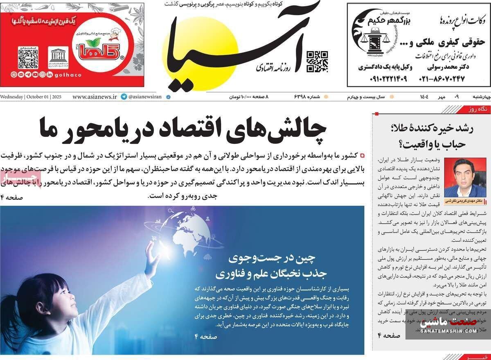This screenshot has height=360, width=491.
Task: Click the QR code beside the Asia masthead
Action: pos(317,61)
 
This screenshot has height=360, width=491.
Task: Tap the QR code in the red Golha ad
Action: pos(28,58)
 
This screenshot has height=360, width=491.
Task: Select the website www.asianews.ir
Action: pos(96,97)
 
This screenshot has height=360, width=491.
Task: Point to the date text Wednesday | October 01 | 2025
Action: pos(31,97)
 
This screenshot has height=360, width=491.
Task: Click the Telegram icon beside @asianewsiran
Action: pos(124,97)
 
